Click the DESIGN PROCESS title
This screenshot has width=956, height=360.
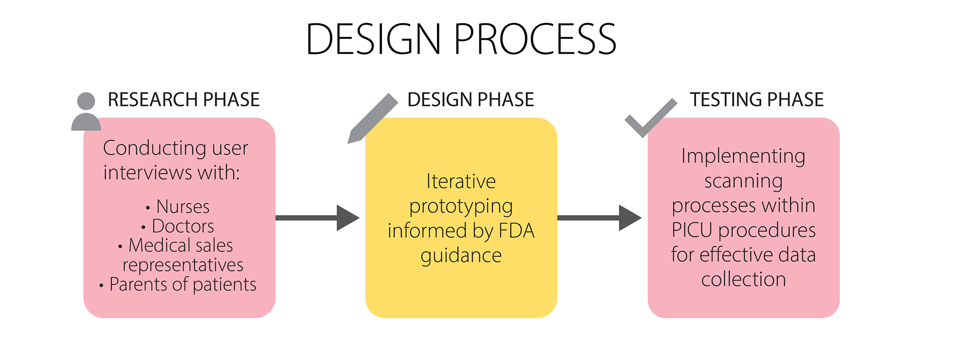[461, 39]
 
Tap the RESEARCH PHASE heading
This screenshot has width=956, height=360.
[184, 100]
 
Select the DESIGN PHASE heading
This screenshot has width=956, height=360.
[471, 100]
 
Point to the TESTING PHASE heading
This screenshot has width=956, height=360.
[756, 100]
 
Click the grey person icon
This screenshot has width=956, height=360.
[86, 112]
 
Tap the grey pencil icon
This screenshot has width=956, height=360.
[372, 118]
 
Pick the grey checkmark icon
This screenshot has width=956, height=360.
[650, 118]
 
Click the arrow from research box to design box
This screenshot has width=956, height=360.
[317, 218]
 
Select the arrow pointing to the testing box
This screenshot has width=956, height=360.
[599, 218]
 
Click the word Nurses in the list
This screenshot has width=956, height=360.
[183, 207]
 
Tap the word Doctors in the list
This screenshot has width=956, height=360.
[183, 226]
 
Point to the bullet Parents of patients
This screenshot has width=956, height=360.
[182, 284]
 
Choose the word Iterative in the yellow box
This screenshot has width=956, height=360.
[461, 182]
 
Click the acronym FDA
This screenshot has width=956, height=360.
[516, 231]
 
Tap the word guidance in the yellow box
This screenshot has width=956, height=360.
[461, 256]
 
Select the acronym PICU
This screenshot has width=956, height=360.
[692, 230]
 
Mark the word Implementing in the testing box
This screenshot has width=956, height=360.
[743, 156]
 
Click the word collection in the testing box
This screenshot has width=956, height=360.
[743, 279]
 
